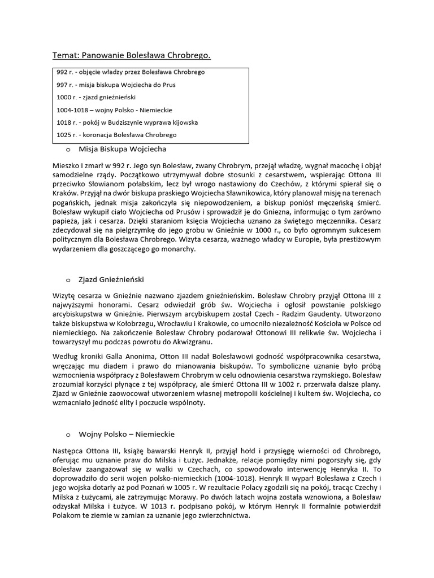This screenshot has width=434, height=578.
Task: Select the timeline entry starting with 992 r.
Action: pos(131,73)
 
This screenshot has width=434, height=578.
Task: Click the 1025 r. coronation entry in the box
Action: pos(116,135)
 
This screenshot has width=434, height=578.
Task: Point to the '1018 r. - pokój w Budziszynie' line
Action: pos(127,122)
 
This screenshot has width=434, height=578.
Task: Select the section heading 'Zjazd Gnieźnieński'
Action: pos(113,279)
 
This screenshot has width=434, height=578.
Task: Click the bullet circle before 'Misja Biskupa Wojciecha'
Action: pos(68,150)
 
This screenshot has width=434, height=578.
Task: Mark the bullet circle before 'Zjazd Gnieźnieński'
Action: pos(68,280)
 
